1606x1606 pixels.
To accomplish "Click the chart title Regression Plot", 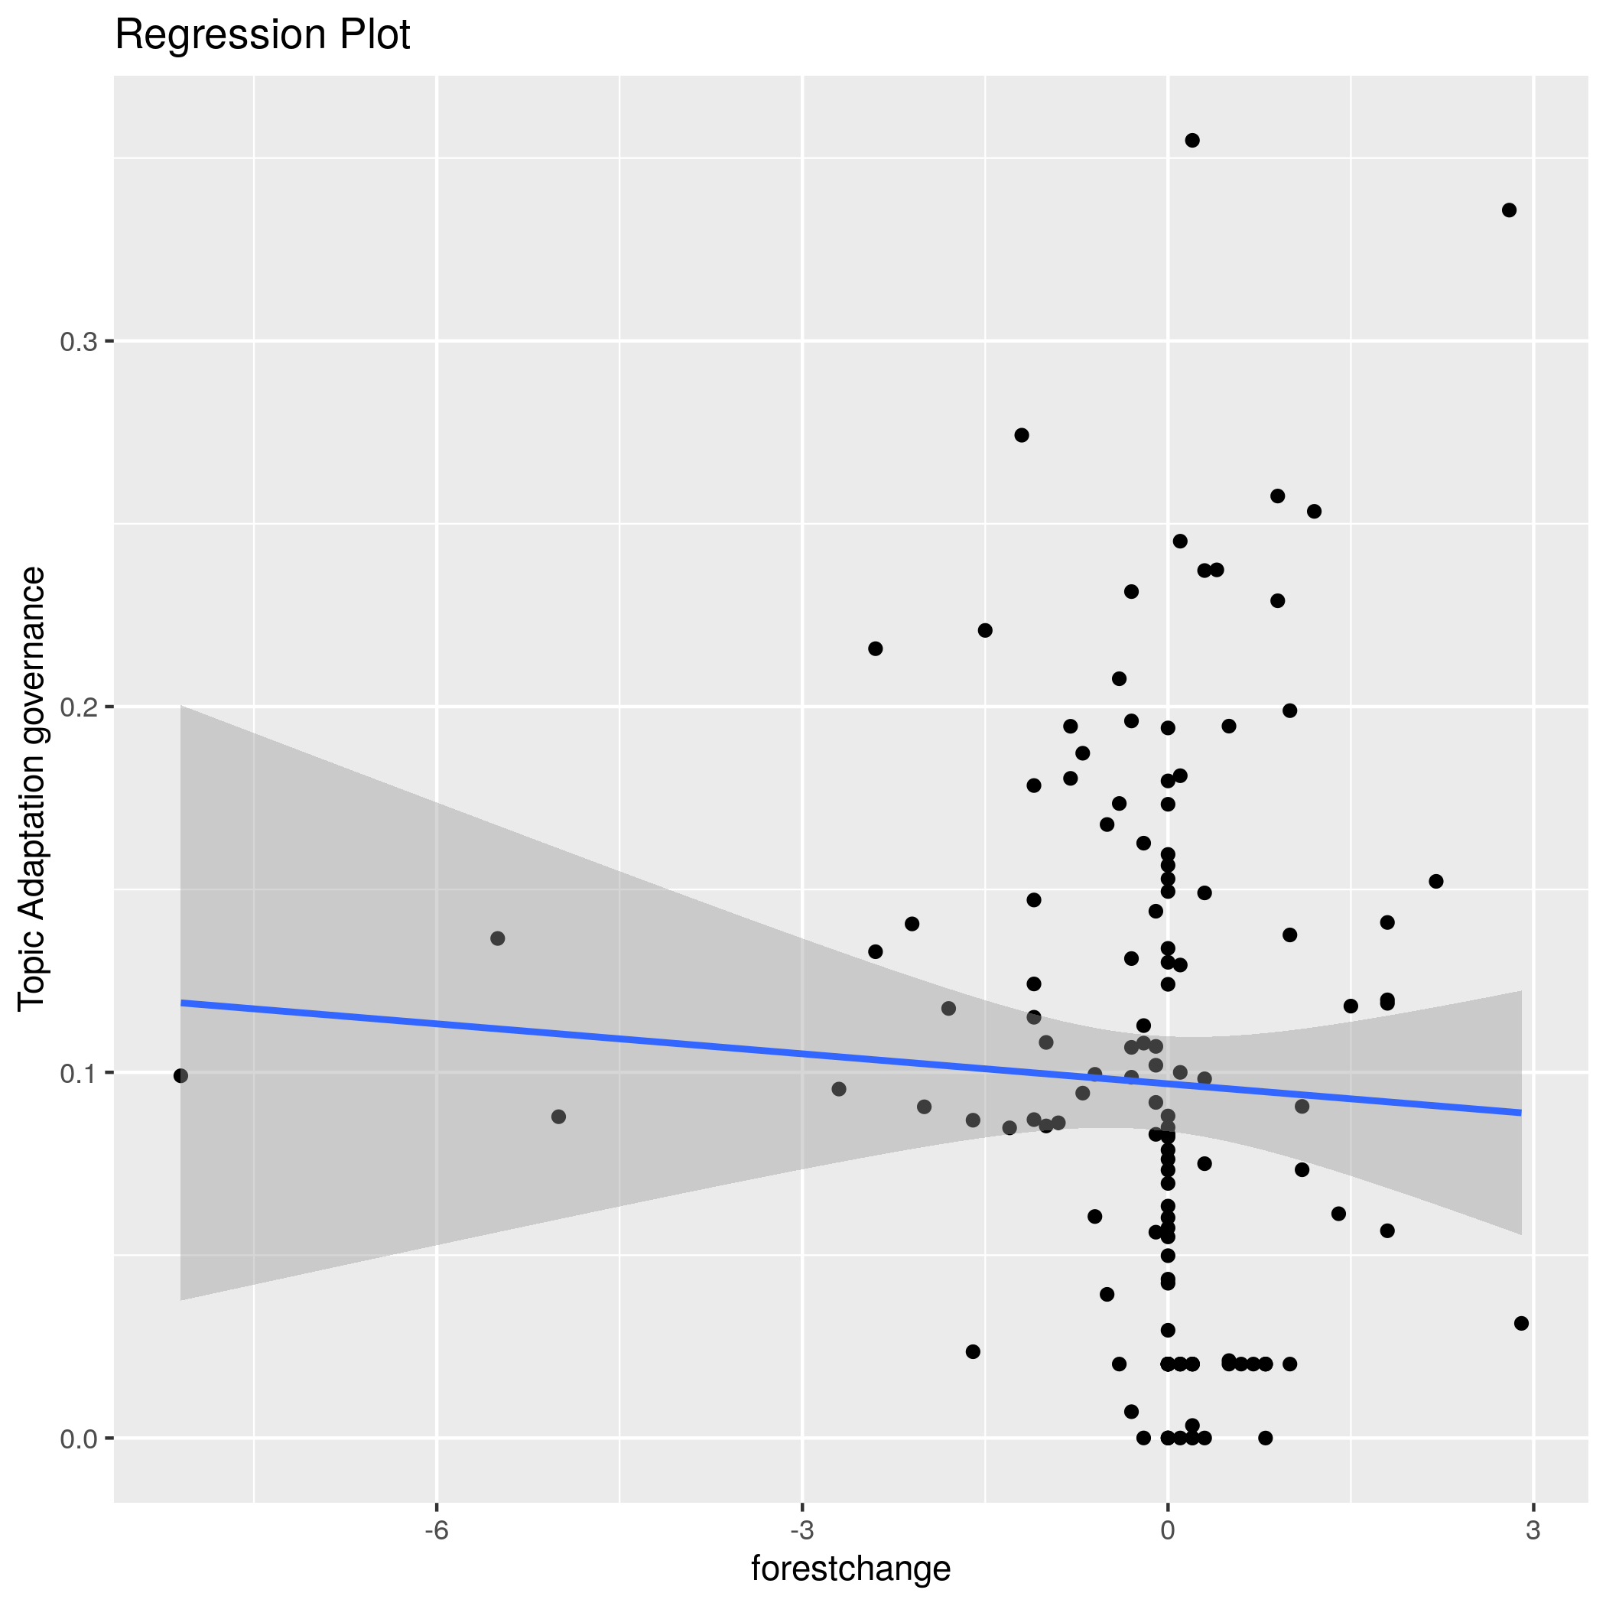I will tap(262, 36).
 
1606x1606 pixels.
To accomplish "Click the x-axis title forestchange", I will tap(850, 1569).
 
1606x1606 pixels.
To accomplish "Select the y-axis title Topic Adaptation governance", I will tap(31, 789).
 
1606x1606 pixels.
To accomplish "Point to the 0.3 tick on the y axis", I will tap(78, 341).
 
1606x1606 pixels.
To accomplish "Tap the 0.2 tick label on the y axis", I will tap(78, 707).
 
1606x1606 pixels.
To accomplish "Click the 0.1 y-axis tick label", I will tap(78, 1073).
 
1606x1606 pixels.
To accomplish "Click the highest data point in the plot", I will tap(1192, 141).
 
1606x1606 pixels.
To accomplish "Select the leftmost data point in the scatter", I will tap(180, 1076).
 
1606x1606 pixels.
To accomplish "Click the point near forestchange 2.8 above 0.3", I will tap(1509, 210).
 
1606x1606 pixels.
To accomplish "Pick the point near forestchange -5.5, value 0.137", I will tap(498, 938).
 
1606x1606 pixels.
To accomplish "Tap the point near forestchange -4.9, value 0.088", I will tap(558, 1117).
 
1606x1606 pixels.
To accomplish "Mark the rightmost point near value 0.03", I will tap(1521, 1323).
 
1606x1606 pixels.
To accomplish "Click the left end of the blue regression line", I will tap(182, 1003).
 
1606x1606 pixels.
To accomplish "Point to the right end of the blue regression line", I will tap(1520, 1112).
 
